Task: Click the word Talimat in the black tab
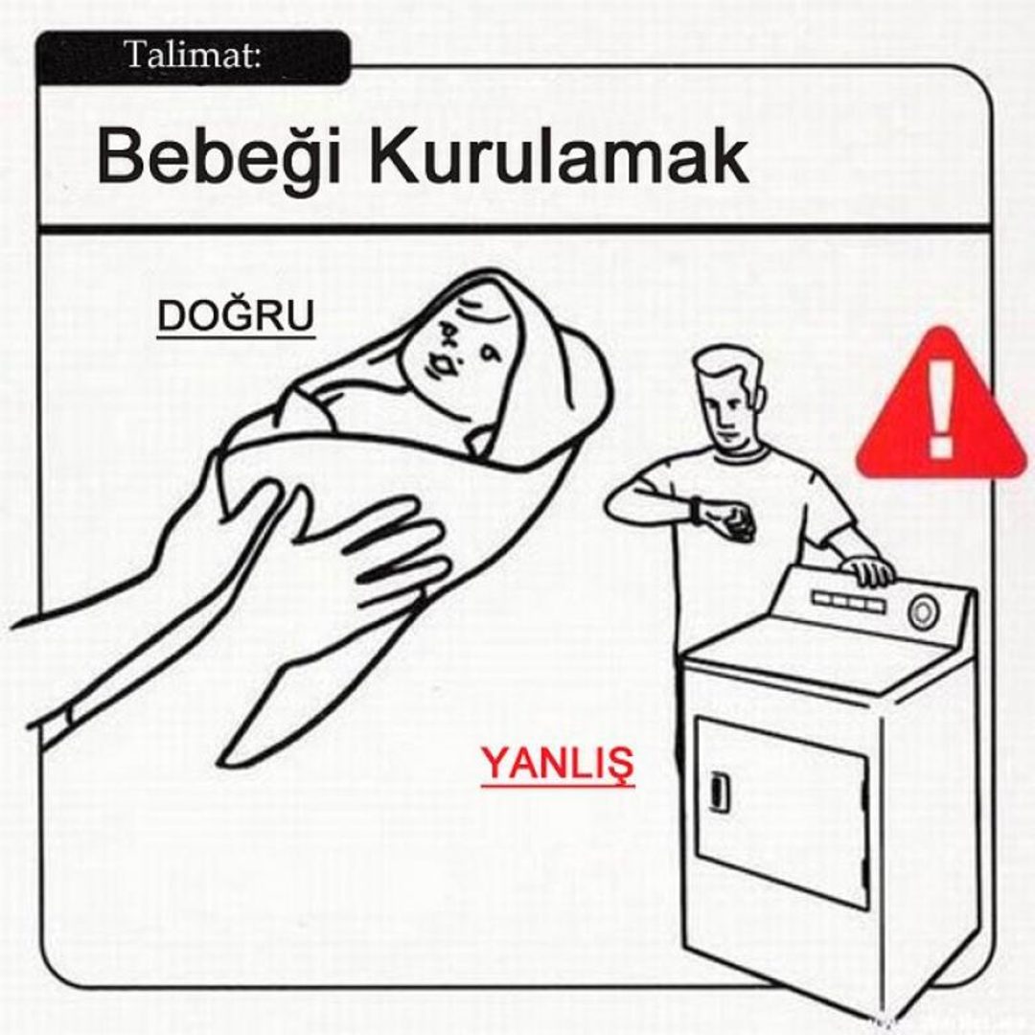pos(192,55)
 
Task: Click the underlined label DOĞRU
pos(236,317)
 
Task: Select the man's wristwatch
pos(696,509)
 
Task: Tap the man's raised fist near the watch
pos(733,523)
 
